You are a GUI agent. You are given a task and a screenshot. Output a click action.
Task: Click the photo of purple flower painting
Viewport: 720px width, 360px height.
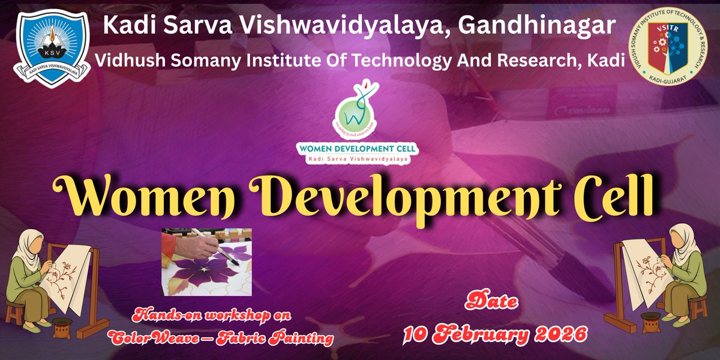click(x=206, y=262)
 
